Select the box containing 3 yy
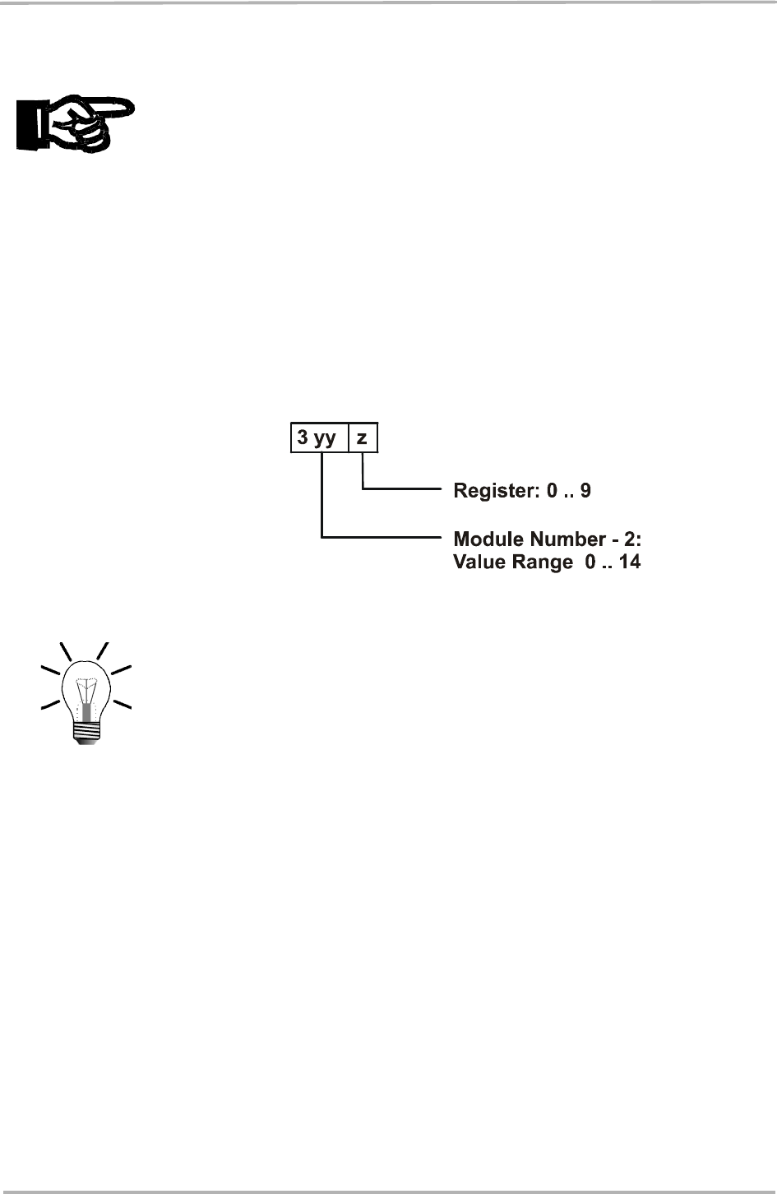(x=319, y=437)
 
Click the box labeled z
(x=363, y=437)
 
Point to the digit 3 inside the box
(x=303, y=437)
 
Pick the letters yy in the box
(x=326, y=438)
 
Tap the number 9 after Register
(x=586, y=492)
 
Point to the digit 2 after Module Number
(x=641, y=539)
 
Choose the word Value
(x=477, y=562)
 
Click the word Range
(x=534, y=562)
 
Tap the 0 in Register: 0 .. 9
(x=553, y=492)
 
